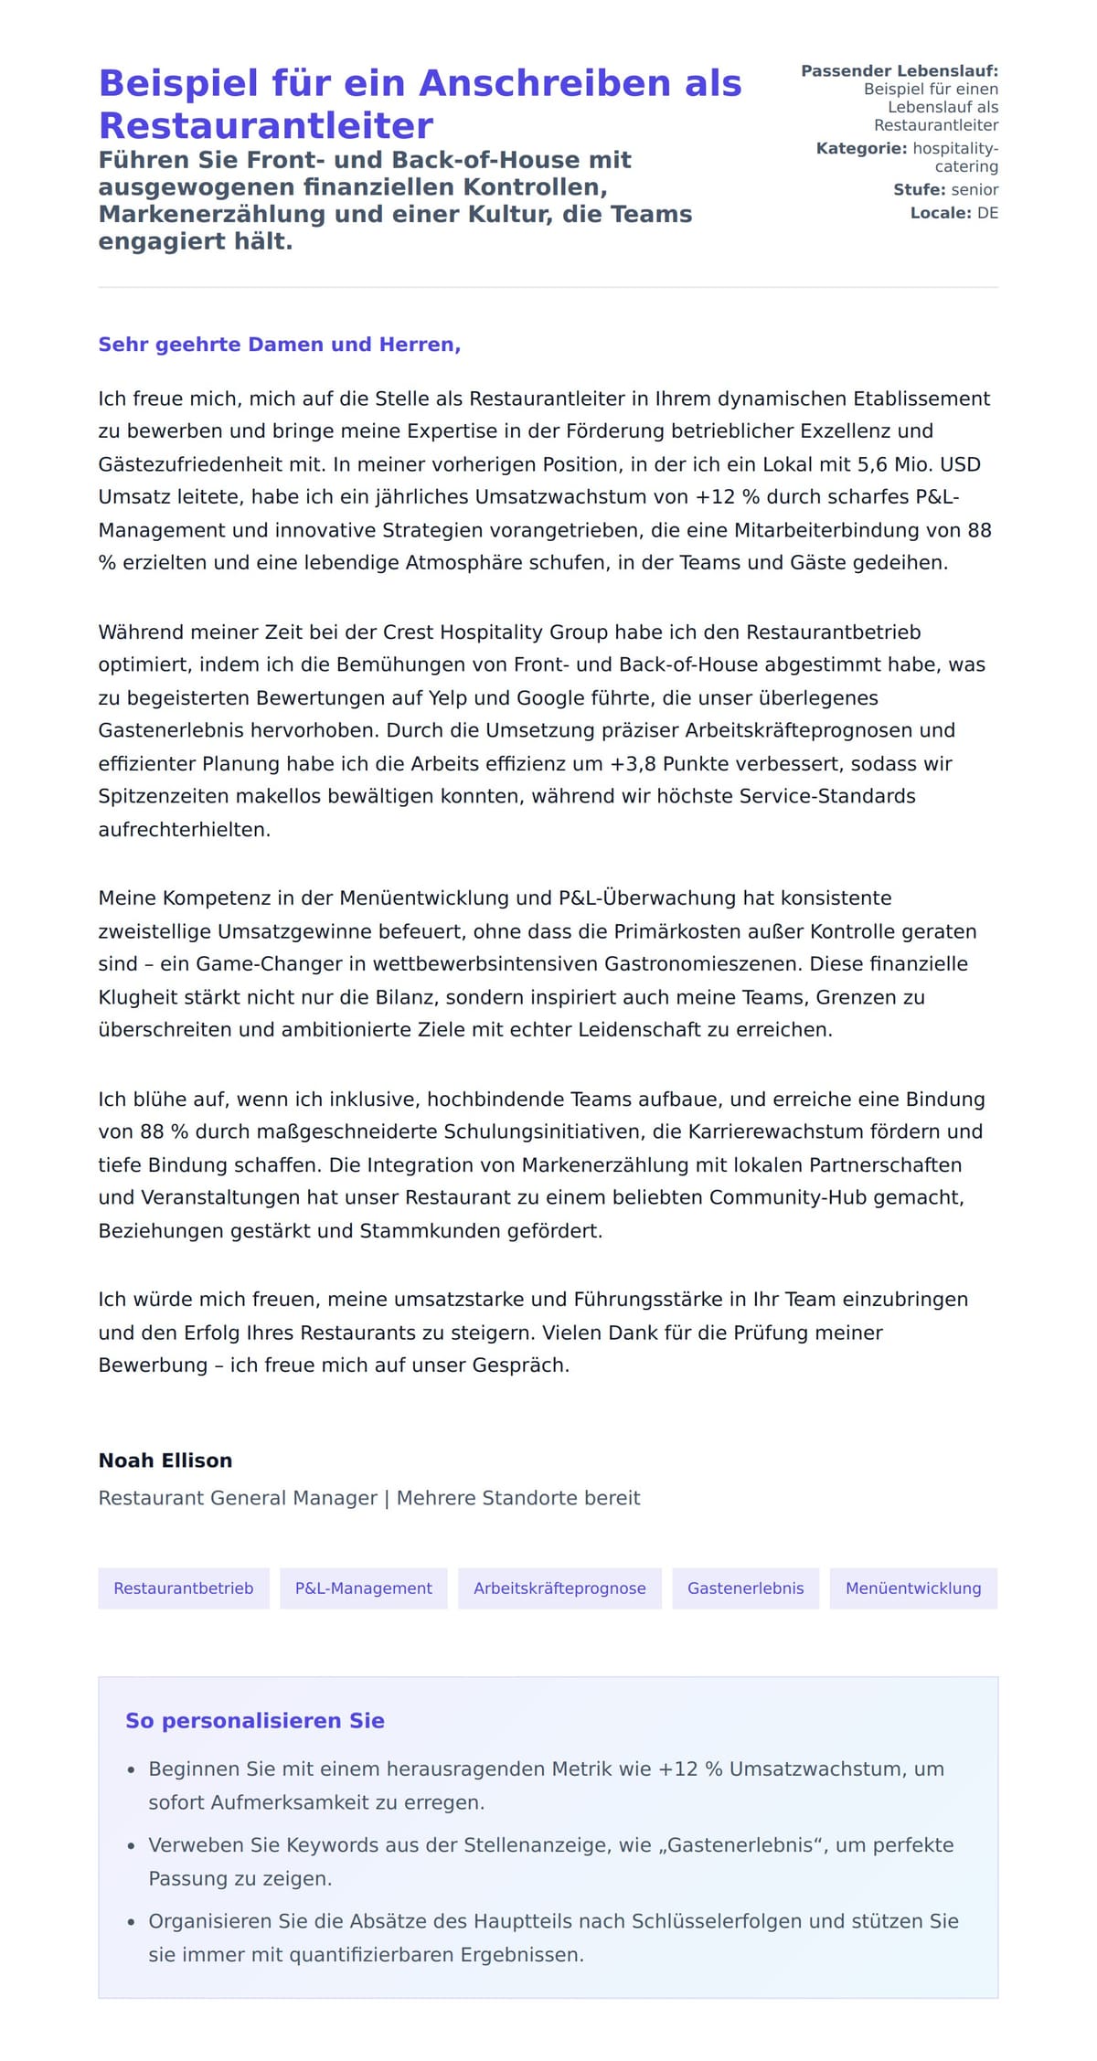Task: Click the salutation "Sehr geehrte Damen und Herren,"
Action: [x=279, y=345]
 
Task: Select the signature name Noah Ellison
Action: [x=165, y=1461]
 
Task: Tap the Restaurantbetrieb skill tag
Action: [x=183, y=1588]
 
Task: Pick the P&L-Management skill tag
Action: [x=363, y=1588]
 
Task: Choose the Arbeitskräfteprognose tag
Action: [x=559, y=1588]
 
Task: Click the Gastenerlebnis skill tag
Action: [x=745, y=1588]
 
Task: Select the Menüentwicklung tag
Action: [x=913, y=1588]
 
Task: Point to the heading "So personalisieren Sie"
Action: [x=254, y=1721]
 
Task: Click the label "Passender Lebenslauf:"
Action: [x=900, y=71]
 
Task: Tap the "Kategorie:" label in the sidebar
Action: [x=861, y=149]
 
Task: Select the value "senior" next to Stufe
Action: [x=975, y=190]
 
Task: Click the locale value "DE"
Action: [x=987, y=214]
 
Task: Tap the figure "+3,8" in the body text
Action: [x=633, y=764]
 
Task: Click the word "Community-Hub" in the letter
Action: [x=834, y=1197]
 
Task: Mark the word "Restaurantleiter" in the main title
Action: [x=266, y=125]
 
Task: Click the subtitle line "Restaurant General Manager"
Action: [x=238, y=1498]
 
